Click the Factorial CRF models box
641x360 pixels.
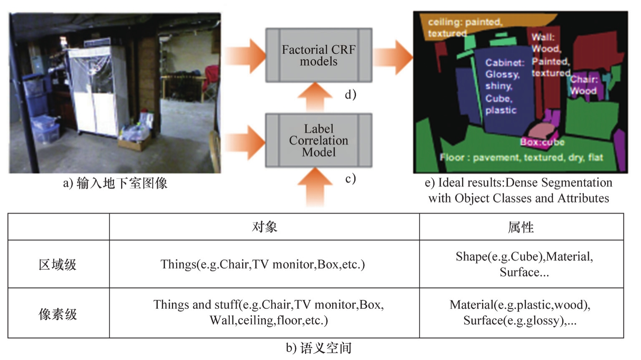pyautogui.click(x=318, y=55)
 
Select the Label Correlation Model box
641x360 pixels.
pyautogui.click(x=318, y=140)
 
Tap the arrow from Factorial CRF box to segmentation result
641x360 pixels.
pyautogui.click(x=392, y=57)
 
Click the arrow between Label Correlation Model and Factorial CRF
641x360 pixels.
pyautogui.click(x=315, y=97)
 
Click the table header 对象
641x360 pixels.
pyautogui.click(x=264, y=227)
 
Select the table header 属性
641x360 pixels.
pyautogui.click(x=521, y=227)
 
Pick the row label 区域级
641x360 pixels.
pyautogui.click(x=58, y=264)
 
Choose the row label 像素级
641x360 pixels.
pyautogui.click(x=58, y=314)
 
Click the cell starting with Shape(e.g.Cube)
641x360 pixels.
pyautogui.click(x=524, y=264)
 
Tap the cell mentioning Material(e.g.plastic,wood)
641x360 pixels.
pyautogui.click(x=520, y=312)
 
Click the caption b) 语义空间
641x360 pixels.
pyautogui.click(x=319, y=348)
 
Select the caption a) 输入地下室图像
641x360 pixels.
pyautogui.click(x=115, y=183)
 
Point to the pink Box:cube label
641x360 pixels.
pyautogui.click(x=542, y=142)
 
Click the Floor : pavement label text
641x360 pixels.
pyautogui.click(x=521, y=157)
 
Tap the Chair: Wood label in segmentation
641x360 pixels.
pyautogui.click(x=584, y=85)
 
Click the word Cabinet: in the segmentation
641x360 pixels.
pyautogui.click(x=505, y=63)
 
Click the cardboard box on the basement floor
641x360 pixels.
pyautogui.click(x=135, y=143)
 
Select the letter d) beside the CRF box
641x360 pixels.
pyautogui.click(x=350, y=95)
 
